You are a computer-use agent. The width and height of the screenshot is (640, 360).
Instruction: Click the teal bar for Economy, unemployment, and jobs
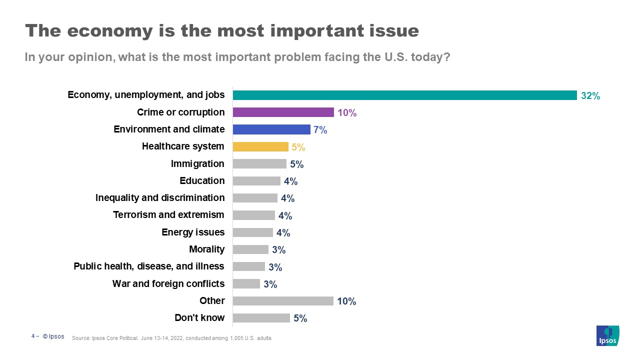click(405, 95)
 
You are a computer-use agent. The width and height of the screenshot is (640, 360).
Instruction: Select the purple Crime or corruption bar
click(283, 112)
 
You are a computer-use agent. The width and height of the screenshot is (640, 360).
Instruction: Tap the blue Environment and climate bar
click(271, 129)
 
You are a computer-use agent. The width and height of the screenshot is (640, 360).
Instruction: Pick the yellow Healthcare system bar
click(260, 146)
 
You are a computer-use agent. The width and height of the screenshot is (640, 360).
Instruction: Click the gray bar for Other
click(283, 300)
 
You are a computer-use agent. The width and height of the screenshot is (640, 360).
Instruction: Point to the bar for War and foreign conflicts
click(246, 283)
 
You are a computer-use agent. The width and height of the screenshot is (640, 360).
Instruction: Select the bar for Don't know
click(261, 318)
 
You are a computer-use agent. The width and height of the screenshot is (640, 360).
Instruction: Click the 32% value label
click(590, 96)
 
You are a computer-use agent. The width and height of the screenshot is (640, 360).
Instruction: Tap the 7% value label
click(320, 130)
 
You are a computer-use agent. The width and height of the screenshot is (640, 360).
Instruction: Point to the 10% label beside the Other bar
click(346, 301)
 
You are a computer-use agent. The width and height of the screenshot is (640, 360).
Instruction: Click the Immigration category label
click(197, 163)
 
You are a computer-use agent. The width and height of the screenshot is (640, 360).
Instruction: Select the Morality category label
click(207, 249)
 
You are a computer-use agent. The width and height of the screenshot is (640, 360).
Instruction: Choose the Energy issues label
click(193, 232)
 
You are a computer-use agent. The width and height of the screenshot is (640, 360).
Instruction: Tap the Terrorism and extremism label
click(169, 215)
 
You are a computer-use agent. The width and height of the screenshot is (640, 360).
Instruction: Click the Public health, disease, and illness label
click(149, 266)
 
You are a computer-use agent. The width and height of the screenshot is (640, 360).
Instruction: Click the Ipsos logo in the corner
click(608, 335)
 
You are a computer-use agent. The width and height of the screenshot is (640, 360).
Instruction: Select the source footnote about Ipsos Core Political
click(171, 338)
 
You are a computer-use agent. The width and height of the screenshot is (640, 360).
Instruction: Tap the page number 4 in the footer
click(33, 336)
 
